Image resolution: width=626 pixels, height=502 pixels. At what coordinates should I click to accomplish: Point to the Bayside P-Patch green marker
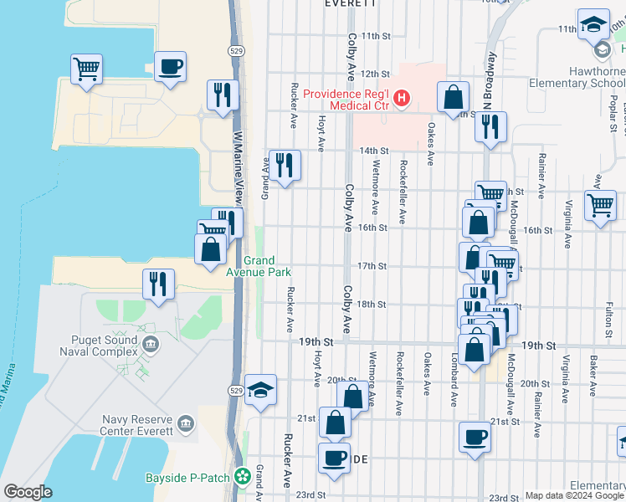coord(243,476)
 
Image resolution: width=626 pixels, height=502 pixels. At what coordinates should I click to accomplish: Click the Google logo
coord(28,492)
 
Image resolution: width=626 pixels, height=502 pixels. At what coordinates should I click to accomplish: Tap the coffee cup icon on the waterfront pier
coord(170,67)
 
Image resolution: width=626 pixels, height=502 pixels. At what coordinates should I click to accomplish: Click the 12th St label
coord(375,74)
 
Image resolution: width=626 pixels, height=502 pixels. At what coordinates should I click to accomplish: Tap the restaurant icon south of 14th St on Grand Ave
coord(285,165)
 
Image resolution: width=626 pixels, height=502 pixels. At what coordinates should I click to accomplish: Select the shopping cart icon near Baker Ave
coord(600,205)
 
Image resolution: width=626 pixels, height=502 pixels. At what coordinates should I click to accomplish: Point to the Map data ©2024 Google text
coord(573,495)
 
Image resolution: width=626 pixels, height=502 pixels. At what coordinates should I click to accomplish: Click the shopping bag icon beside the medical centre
coord(453,97)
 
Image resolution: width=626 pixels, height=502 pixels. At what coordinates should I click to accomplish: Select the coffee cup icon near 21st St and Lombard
coord(475,438)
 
